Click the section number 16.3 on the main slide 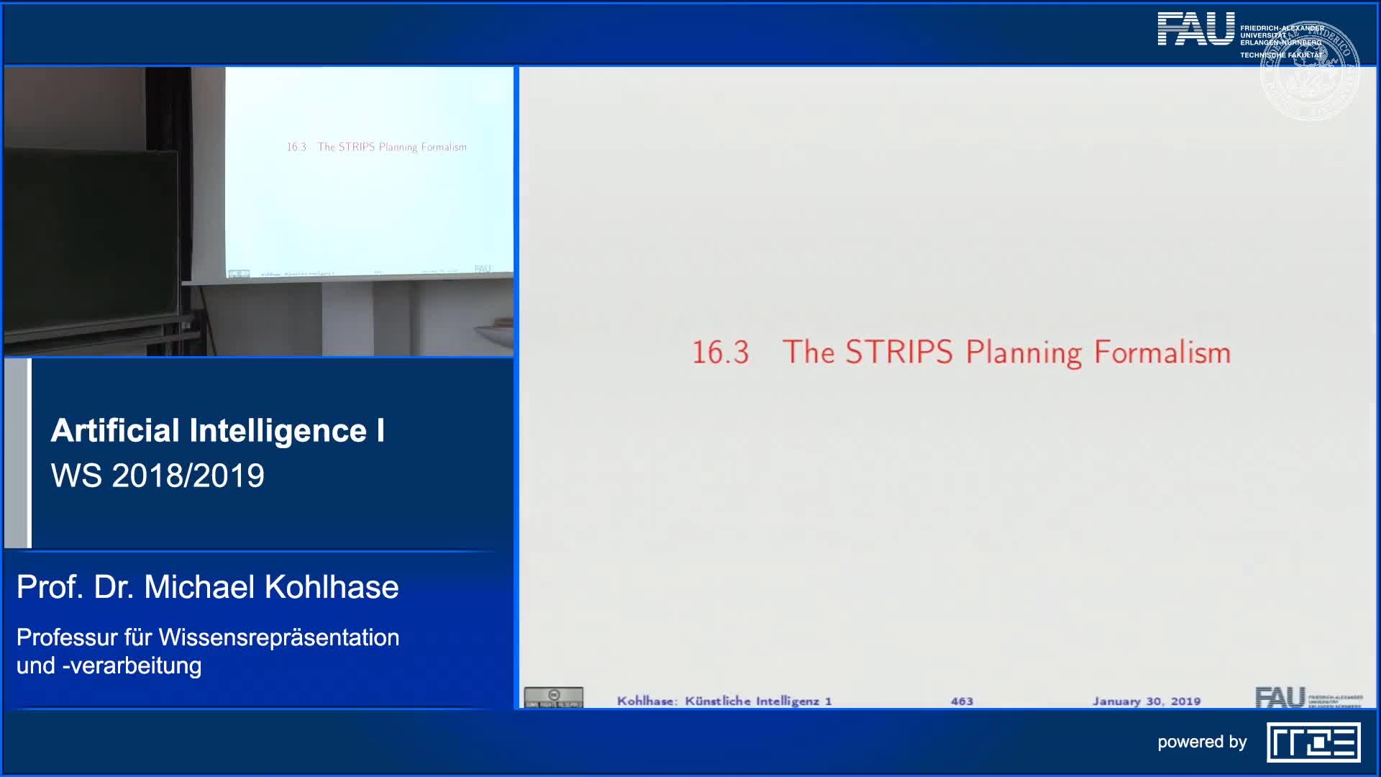click(x=720, y=353)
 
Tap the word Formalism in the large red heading click(x=1162, y=353)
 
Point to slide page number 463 click(x=962, y=701)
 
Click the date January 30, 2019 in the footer click(x=1147, y=701)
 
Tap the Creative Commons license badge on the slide click(x=553, y=697)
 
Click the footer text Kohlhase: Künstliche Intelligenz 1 click(x=724, y=701)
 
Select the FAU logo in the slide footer click(x=1280, y=697)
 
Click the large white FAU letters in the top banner click(x=1195, y=29)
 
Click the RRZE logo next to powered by click(x=1313, y=742)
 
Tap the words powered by click(x=1202, y=742)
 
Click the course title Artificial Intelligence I click(x=218, y=430)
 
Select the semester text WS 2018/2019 click(x=158, y=476)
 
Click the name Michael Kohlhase click(x=271, y=587)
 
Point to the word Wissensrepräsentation click(x=279, y=637)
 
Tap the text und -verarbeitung click(x=109, y=665)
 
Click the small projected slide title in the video click(x=377, y=147)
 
